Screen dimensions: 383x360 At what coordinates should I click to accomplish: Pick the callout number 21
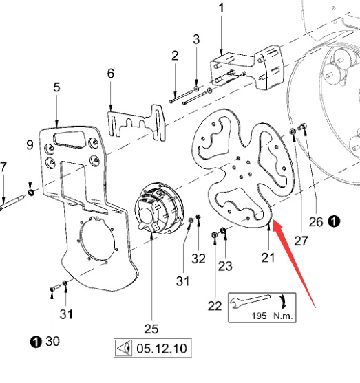(267, 257)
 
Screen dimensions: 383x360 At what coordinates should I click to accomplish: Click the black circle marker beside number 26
(334, 221)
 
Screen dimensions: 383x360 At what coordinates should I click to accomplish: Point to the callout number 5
(56, 87)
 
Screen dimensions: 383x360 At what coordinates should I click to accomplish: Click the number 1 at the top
(221, 8)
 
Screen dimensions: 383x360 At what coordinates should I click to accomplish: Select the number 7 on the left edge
(3, 166)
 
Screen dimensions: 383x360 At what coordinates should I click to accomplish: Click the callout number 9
(30, 144)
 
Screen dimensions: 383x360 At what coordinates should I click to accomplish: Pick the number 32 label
(198, 259)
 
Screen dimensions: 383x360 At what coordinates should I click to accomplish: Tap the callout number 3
(196, 39)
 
